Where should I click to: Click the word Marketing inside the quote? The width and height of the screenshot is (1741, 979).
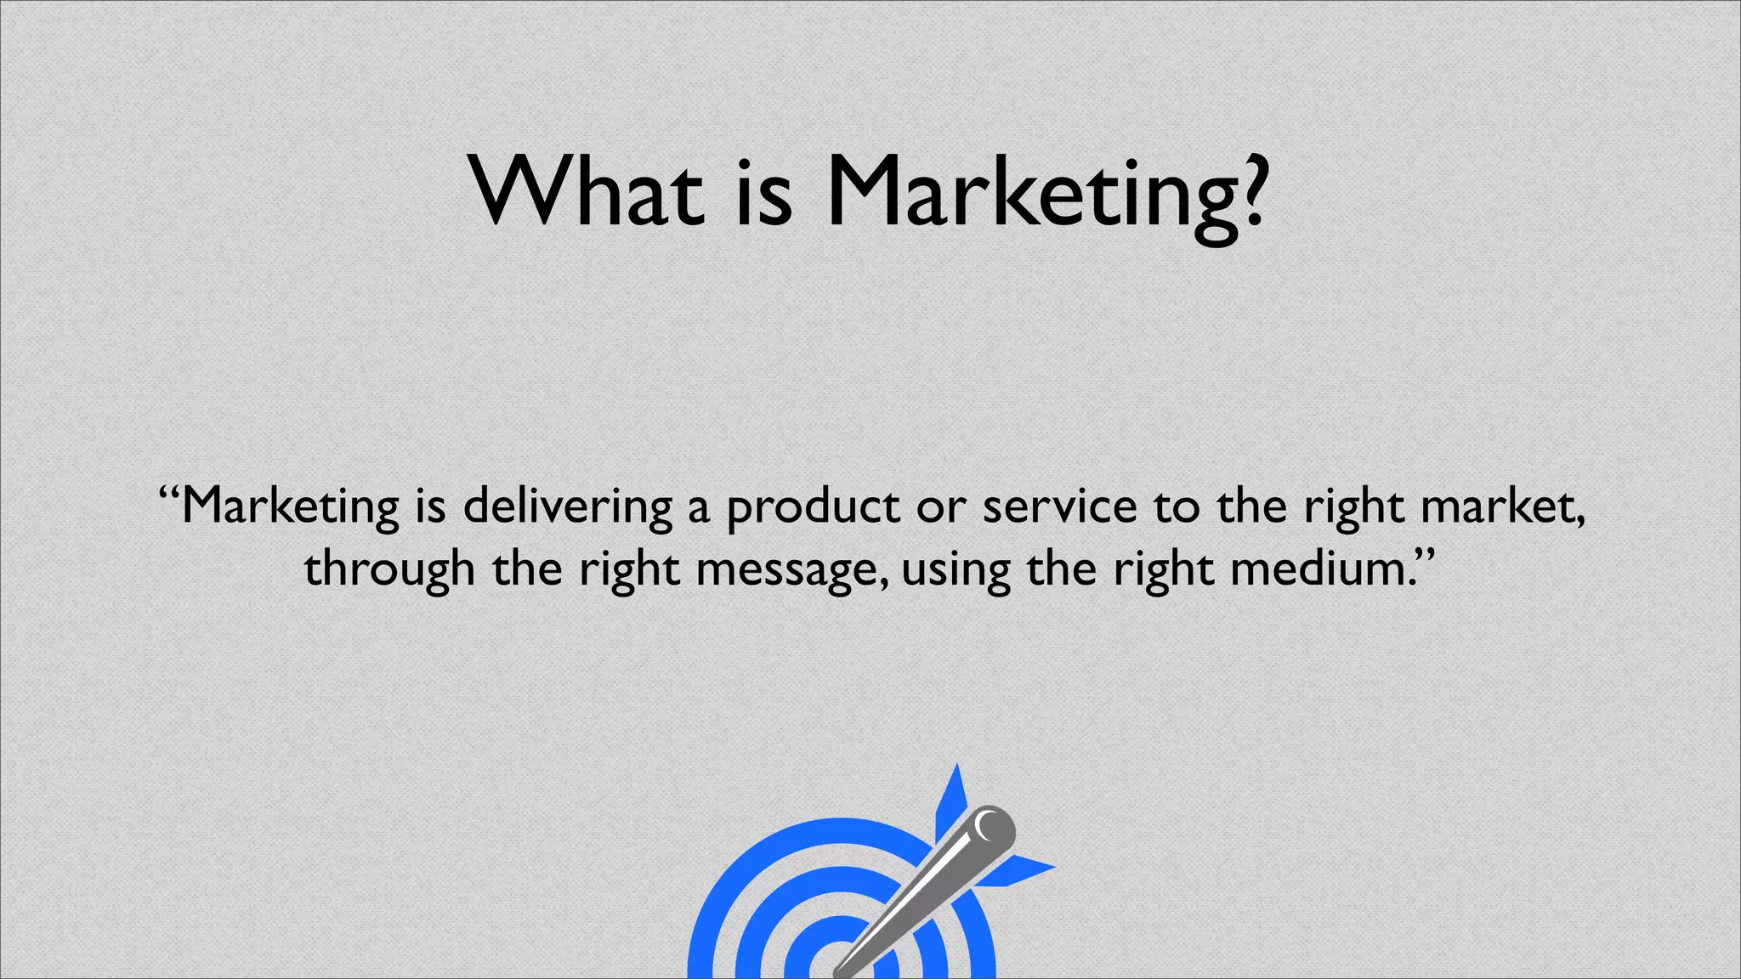pyautogui.click(x=290, y=506)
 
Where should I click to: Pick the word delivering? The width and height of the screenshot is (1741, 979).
pyautogui.click(x=568, y=506)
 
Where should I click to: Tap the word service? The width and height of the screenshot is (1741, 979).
pyautogui.click(x=1059, y=506)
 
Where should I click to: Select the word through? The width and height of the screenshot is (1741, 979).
pyautogui.click(x=389, y=569)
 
